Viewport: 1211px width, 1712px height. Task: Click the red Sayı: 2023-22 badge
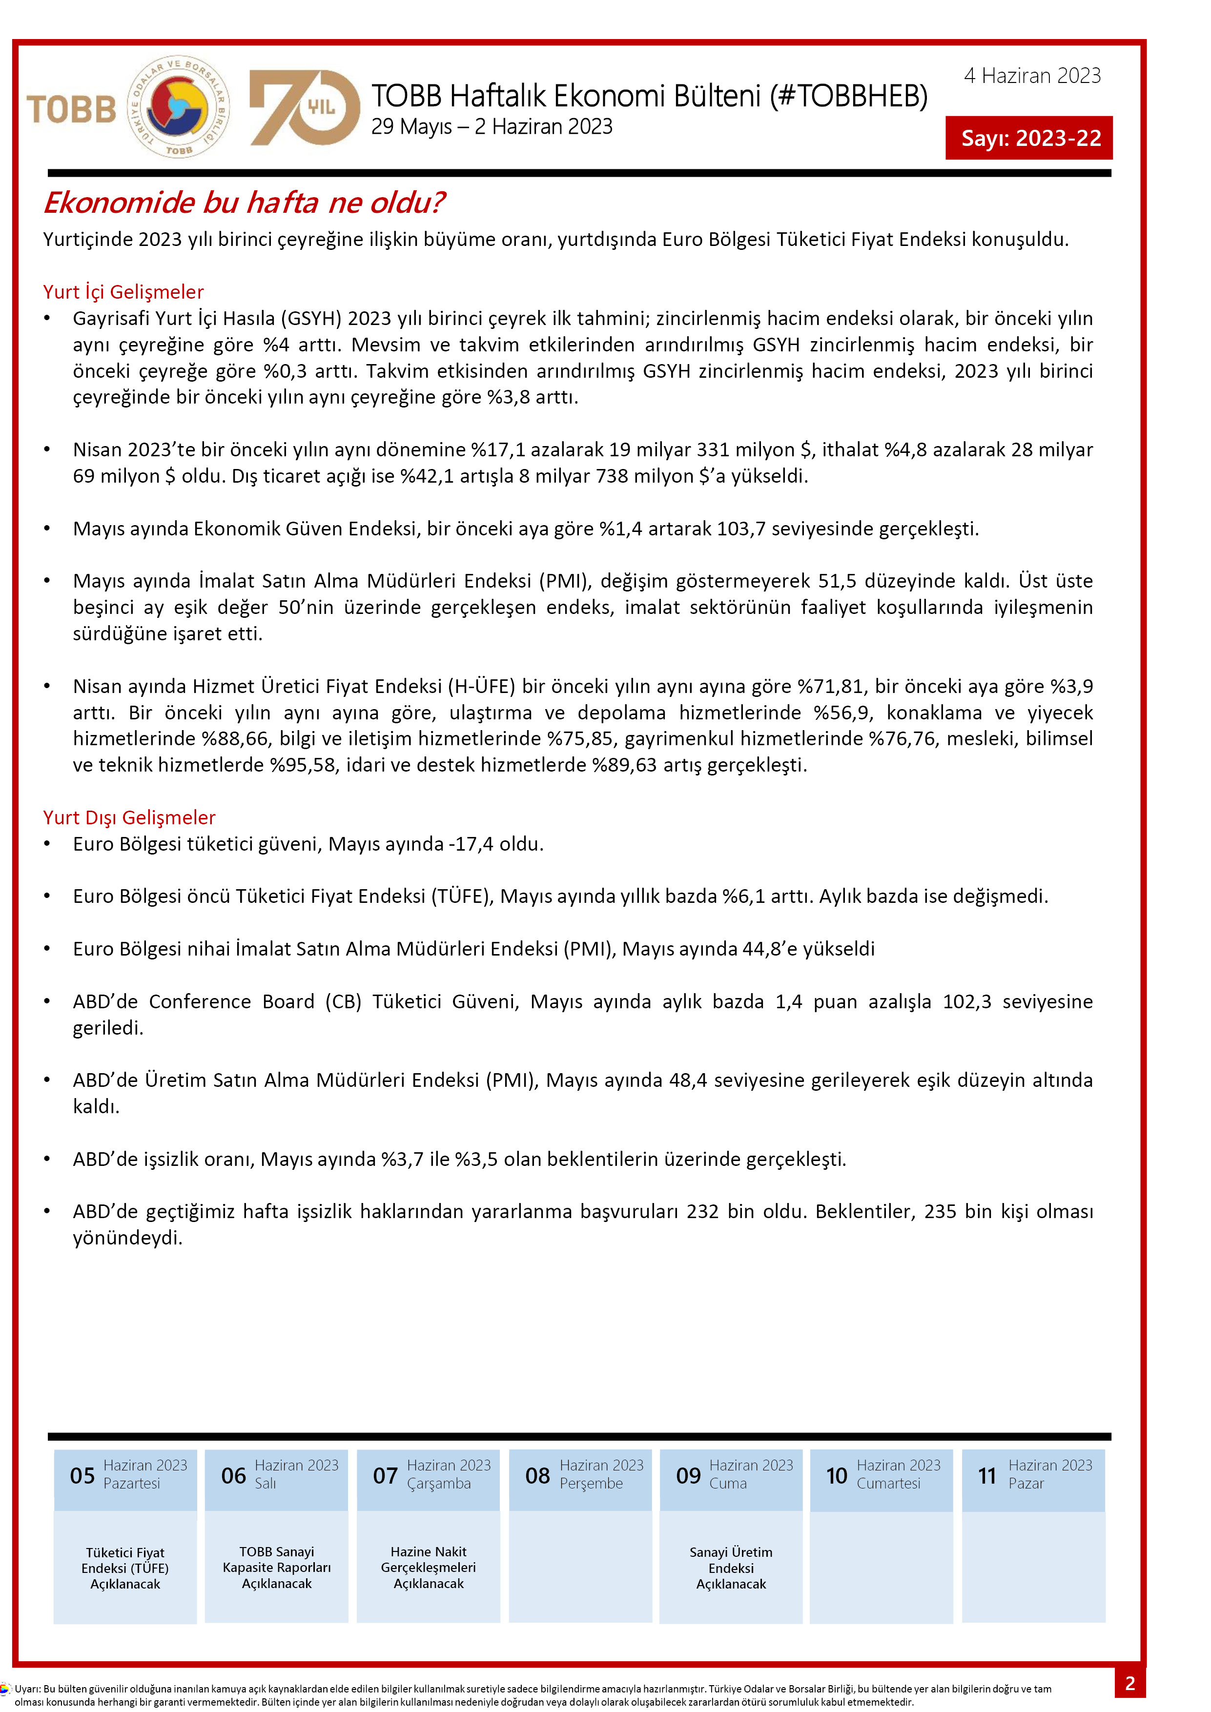point(1029,138)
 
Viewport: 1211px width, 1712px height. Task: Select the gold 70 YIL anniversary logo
point(304,107)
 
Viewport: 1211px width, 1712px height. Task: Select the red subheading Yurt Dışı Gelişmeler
point(129,817)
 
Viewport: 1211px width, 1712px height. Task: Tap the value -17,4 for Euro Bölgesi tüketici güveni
point(472,844)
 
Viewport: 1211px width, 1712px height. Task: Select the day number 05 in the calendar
point(82,1476)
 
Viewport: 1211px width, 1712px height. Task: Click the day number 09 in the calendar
point(688,1476)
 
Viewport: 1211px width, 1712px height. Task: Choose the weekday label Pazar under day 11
point(1026,1484)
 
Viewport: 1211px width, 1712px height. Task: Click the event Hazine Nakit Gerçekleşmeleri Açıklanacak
point(428,1568)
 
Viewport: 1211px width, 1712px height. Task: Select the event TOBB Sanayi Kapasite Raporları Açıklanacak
point(277,1568)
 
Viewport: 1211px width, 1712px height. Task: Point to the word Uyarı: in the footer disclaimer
point(28,1689)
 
